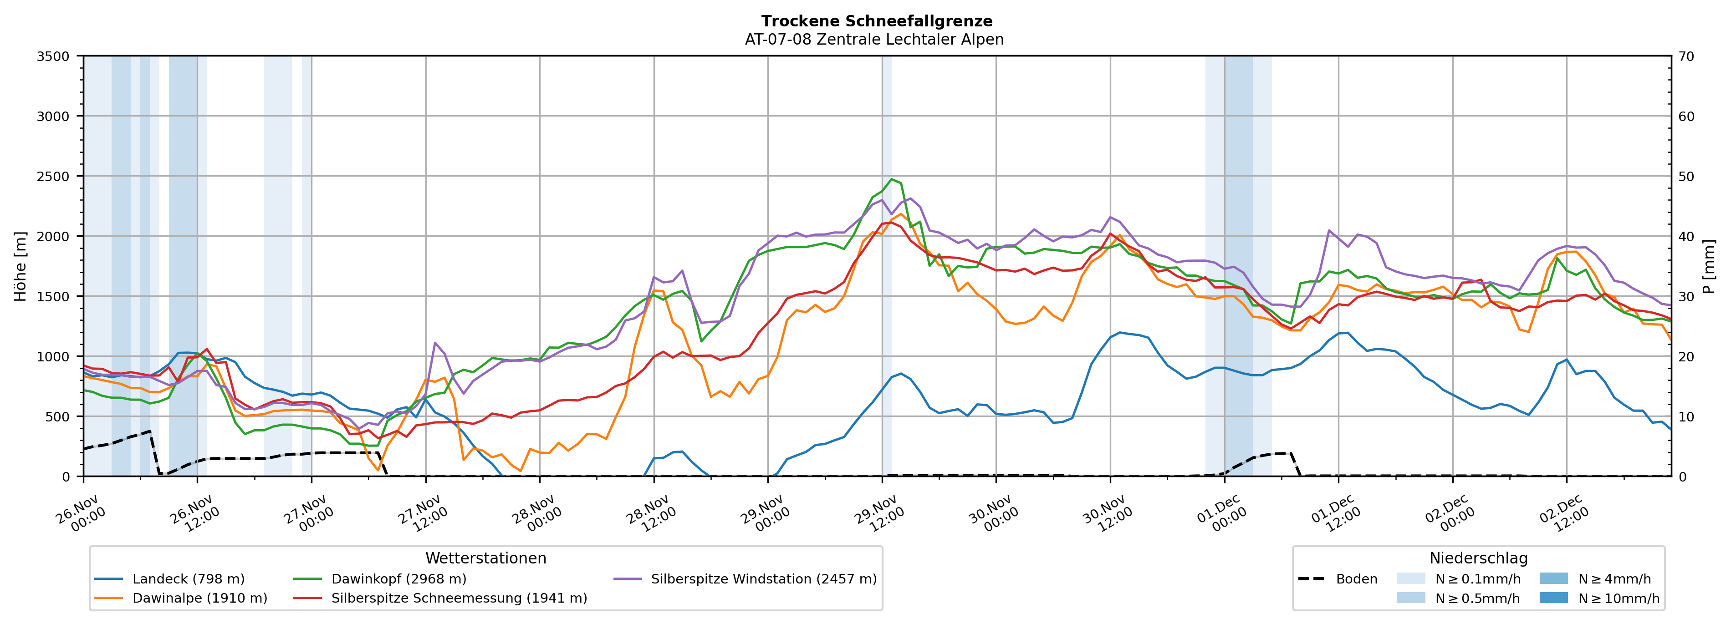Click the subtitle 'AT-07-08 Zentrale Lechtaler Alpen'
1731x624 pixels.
click(873, 40)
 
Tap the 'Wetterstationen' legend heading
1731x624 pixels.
click(486, 558)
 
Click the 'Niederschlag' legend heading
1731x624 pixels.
click(1478, 558)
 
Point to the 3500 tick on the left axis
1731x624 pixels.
click(53, 56)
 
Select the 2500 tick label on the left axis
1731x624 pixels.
click(53, 177)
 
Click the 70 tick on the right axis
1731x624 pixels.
click(1687, 56)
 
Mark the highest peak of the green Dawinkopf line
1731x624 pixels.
click(892, 179)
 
